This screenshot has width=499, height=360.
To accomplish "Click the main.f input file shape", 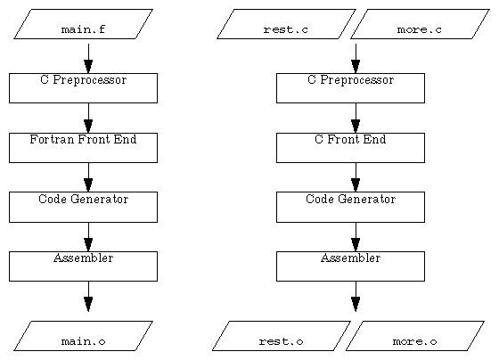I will (83, 25).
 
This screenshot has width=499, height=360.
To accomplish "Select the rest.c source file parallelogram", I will (286, 25).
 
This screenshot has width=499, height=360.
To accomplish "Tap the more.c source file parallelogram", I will (418, 25).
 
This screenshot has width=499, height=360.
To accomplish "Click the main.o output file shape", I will (83, 336).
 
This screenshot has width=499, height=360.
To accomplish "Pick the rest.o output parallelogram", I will (281, 336).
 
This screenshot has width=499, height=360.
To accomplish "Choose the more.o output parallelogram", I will (414, 336).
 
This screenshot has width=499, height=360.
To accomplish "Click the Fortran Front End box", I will (83, 147).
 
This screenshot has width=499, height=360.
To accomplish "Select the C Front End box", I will (350, 147).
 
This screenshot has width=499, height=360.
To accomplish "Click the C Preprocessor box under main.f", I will (83, 87).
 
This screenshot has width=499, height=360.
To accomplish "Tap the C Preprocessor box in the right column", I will (350, 87).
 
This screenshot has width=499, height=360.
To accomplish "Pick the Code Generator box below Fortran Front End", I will (83, 206).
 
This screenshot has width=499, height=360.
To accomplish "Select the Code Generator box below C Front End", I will (350, 206).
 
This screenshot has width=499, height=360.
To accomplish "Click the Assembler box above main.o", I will (83, 266).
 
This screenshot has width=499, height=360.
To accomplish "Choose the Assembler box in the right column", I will (350, 266).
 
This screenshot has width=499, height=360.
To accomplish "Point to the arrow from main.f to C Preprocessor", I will (88, 58).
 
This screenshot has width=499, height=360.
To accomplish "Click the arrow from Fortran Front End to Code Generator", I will (88, 176).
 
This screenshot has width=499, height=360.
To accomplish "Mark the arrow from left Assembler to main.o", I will (88, 296).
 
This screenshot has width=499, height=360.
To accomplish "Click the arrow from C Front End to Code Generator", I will (356, 176).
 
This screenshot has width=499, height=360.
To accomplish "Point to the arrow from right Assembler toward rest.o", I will (356, 296).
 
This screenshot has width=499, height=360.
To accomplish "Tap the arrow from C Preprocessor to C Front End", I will (356, 118).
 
